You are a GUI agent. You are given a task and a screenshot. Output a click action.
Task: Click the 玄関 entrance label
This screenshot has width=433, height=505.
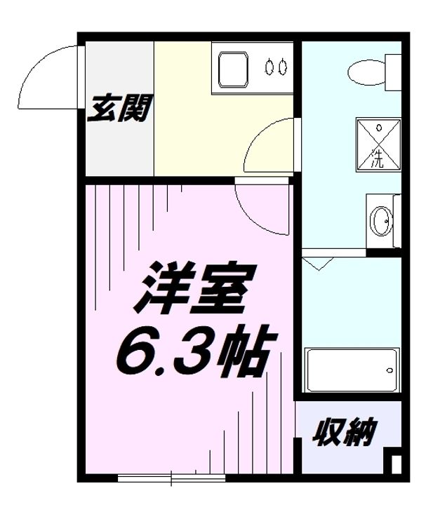click(x=119, y=109)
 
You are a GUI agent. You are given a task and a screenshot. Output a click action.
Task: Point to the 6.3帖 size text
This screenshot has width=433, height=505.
click(x=192, y=351)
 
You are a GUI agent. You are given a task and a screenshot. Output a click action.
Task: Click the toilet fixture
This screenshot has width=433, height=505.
click(x=367, y=72)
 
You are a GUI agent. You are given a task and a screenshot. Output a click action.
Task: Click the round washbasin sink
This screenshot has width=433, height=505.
click(x=382, y=221)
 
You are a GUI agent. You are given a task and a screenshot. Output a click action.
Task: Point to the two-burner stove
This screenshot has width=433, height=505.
click(x=275, y=67)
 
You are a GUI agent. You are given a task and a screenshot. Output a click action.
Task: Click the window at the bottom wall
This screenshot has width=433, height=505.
click(x=172, y=478)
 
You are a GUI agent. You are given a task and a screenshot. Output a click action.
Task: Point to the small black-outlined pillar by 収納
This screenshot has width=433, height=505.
click(x=395, y=465)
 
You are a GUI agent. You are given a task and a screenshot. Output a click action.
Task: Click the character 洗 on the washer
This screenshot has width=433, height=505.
click(x=378, y=159)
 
